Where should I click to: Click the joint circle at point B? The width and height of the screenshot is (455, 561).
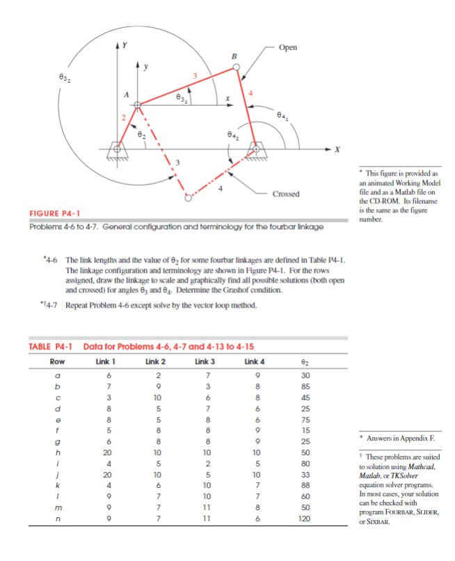pos(237,68)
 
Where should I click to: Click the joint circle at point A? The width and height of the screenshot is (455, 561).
pos(138,106)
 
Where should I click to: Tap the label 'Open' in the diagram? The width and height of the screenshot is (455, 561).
pos(287,47)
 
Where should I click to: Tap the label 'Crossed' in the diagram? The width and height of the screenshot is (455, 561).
pos(286,194)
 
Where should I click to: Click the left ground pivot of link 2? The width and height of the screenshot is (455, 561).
pos(118,148)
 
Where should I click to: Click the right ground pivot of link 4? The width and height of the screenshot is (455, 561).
pos(258,148)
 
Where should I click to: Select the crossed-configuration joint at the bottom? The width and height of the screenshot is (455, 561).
pos(187,197)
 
